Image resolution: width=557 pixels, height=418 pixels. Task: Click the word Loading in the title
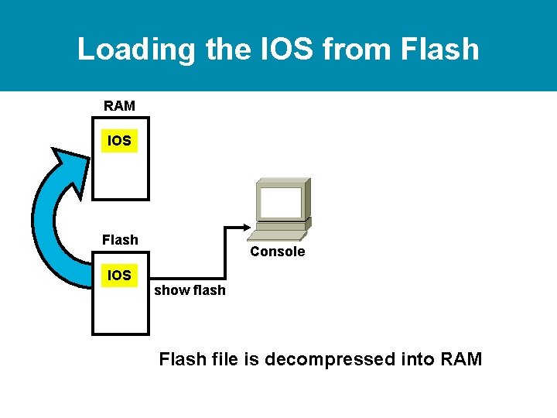tap(136, 50)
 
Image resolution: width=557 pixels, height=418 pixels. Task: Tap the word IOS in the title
tap(287, 48)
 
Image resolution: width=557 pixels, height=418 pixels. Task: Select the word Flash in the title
tap(439, 48)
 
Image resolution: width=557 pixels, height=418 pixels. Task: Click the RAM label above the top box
tap(119, 106)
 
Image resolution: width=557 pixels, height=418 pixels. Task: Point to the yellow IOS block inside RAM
tap(119, 141)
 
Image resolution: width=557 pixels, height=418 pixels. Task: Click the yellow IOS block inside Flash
tap(119, 275)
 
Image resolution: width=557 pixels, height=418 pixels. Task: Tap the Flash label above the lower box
tap(120, 240)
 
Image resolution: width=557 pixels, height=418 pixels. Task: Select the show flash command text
tap(190, 290)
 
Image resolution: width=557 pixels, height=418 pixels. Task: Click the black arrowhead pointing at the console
tap(247, 227)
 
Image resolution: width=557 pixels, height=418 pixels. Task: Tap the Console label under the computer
tap(278, 252)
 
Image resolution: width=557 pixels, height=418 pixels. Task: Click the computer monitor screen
tap(281, 203)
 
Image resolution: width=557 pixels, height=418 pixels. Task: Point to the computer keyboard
tap(277, 235)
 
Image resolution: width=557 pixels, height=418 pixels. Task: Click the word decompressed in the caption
tap(330, 360)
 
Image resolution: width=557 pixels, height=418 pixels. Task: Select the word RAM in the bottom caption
tap(461, 358)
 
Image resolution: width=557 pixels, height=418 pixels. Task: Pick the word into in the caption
tap(418, 358)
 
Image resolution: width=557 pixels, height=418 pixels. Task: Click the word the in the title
tap(228, 48)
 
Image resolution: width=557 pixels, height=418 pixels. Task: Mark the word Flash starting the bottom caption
tap(183, 358)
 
